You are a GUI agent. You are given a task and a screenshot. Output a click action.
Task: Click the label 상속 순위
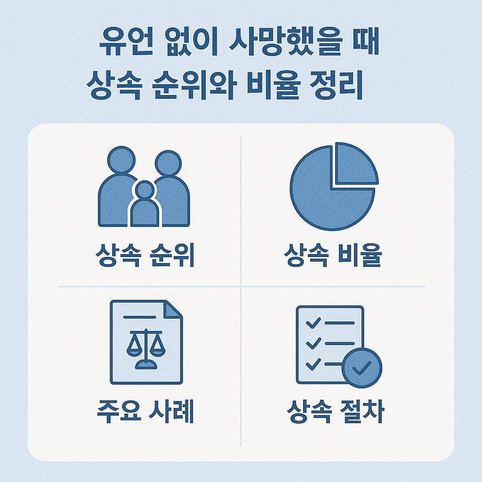coord(145,256)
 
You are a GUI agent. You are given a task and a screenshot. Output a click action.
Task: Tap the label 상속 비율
coord(333,256)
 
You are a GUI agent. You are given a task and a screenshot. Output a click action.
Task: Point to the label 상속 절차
coord(335,412)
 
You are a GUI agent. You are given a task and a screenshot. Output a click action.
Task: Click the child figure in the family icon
coord(145,207)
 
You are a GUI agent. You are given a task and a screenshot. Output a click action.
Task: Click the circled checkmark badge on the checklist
coord(361,368)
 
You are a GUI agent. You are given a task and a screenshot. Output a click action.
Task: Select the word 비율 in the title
coord(278,87)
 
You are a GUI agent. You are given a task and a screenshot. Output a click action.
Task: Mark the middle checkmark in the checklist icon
coord(313,344)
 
